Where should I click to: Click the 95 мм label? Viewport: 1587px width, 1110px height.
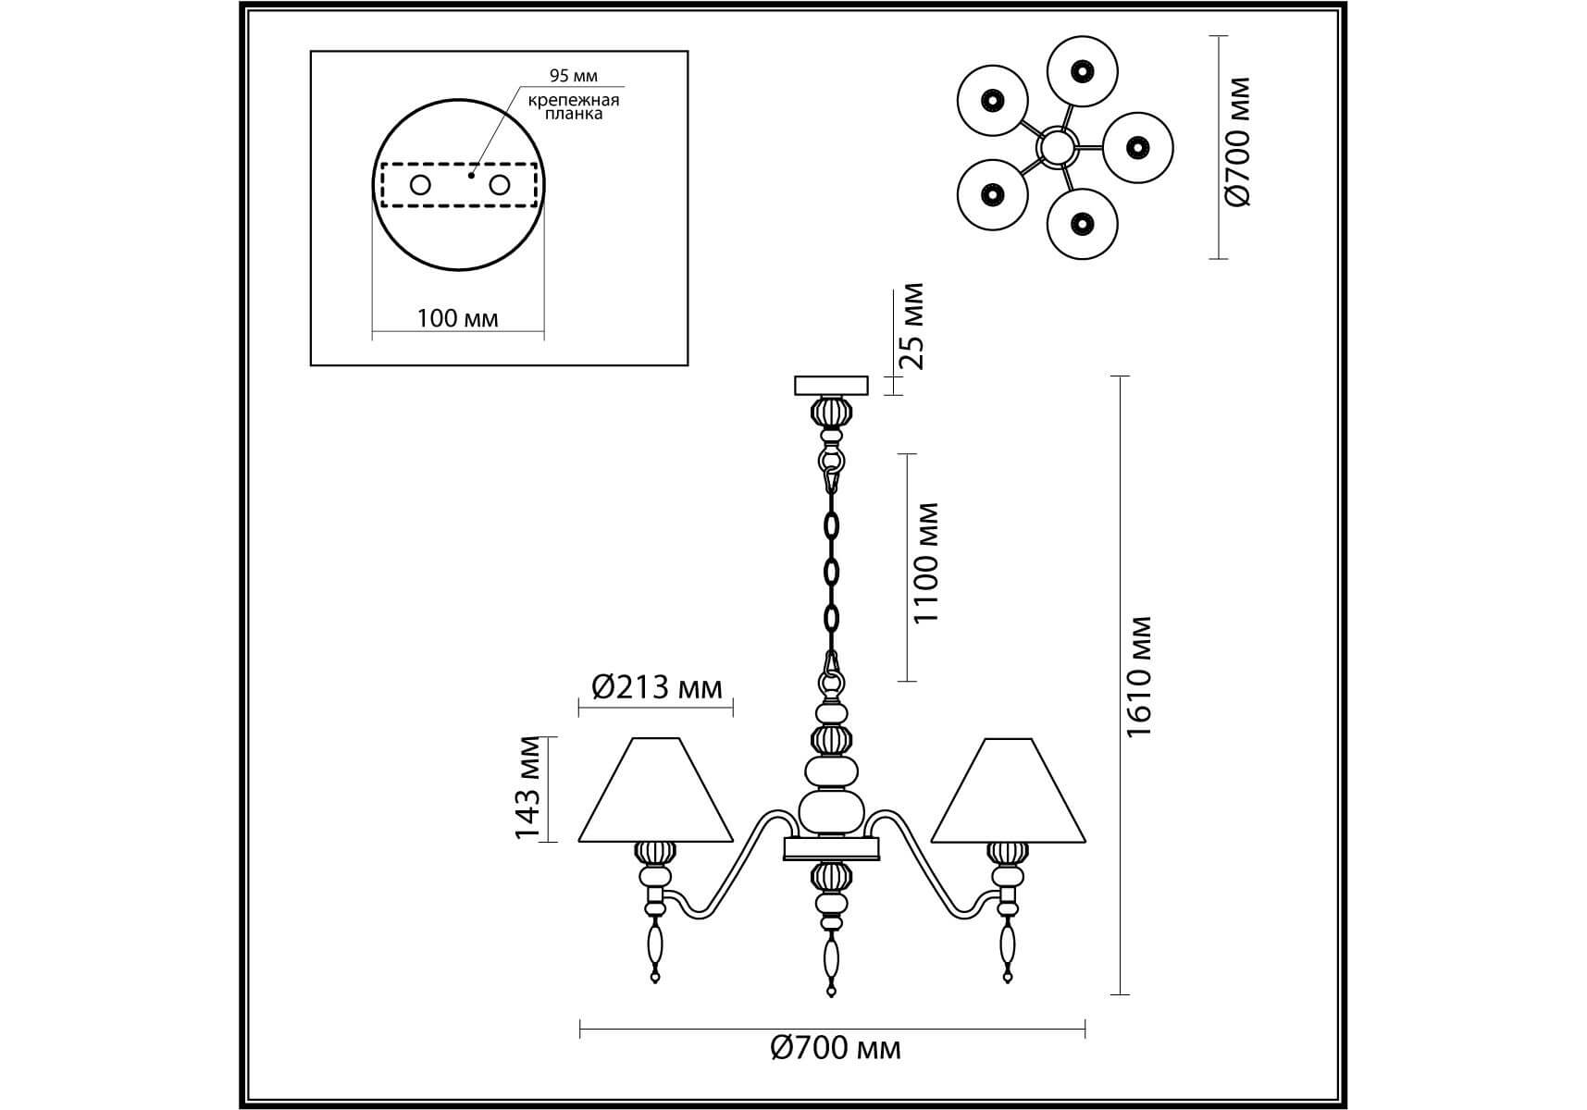573,76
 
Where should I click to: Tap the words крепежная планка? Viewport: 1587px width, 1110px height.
574,106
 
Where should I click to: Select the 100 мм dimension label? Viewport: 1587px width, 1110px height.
457,318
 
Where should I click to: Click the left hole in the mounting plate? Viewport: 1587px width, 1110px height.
420,185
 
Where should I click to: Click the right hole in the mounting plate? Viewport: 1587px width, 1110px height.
500,185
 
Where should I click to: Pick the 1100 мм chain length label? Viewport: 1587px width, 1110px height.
925,562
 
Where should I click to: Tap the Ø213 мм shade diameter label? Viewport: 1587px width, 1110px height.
656,687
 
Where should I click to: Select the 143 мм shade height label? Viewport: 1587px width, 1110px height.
527,787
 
